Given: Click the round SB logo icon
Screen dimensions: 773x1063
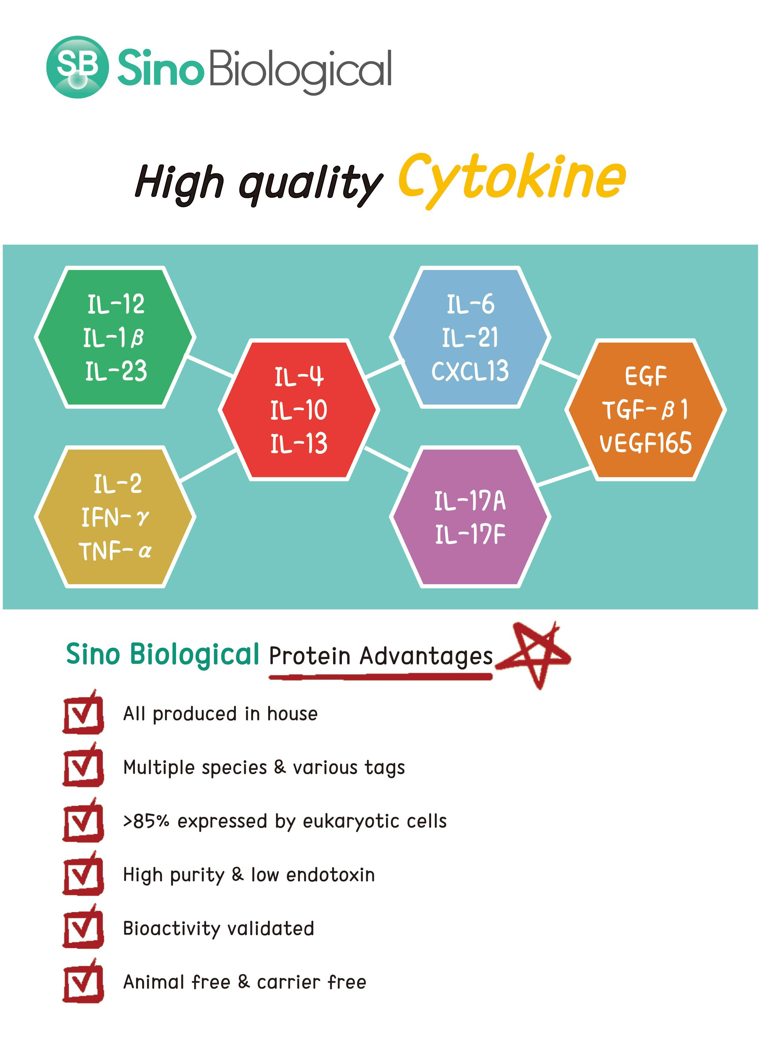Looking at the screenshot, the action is (x=78, y=67).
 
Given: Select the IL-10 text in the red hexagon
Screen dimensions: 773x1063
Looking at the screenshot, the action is (x=299, y=410).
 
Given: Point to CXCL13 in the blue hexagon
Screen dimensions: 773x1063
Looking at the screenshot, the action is (x=470, y=371).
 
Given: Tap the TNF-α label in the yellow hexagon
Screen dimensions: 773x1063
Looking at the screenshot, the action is (x=115, y=551).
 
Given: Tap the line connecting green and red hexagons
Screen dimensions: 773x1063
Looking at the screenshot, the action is (x=210, y=366).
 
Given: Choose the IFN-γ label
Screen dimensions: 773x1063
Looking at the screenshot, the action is (x=115, y=517).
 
